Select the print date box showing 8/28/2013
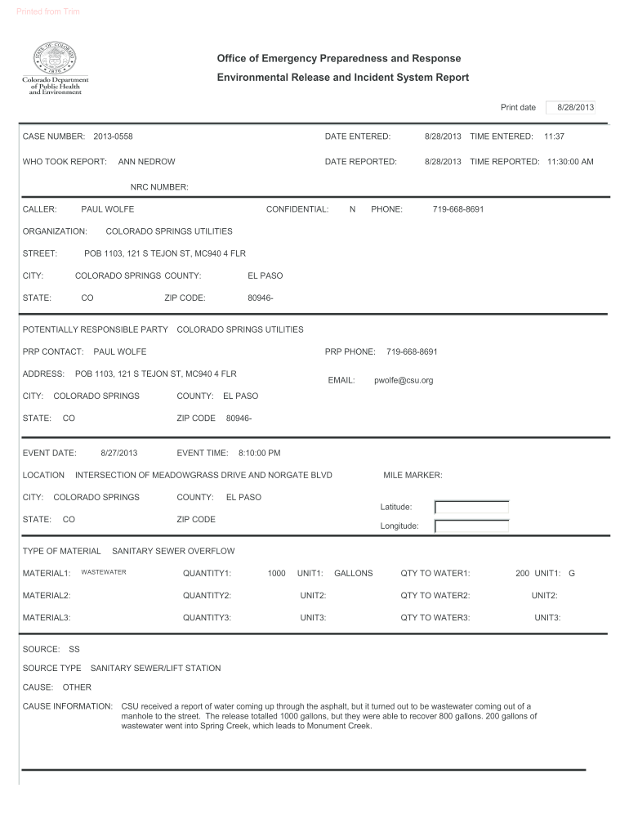[575, 108]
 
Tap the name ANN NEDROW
[147, 162]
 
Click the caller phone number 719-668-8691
[457, 209]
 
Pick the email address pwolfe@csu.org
[404, 380]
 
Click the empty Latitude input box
[471, 507]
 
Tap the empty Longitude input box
[471, 526]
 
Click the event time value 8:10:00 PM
[259, 453]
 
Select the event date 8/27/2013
[118, 453]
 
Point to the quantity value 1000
[276, 573]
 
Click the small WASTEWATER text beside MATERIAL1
[104, 572]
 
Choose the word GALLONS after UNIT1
[353, 573]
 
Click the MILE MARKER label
[413, 475]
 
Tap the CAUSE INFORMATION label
[68, 705]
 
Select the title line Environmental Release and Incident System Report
[342, 78]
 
